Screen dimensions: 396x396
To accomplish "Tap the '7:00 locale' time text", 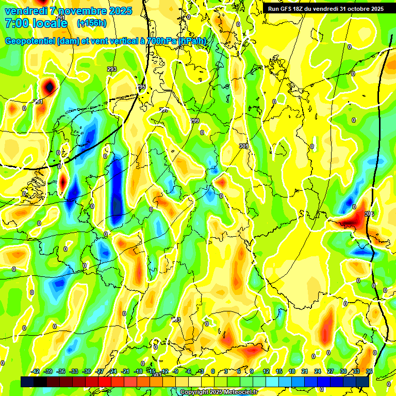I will click(x=36, y=23).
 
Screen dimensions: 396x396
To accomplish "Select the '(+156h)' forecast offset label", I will click(x=92, y=23).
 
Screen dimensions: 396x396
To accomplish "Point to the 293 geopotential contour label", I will click(x=112, y=69).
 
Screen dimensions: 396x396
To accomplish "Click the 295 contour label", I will click(x=141, y=87).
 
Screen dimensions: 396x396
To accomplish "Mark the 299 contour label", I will click(x=194, y=121).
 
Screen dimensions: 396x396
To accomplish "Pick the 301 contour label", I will click(x=243, y=146).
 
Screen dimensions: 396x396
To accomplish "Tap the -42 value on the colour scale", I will click(x=36, y=371).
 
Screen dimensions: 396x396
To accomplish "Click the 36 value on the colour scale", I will click(x=369, y=371).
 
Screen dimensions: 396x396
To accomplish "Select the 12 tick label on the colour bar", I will click(x=266, y=371).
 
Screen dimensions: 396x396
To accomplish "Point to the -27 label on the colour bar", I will click(x=100, y=371).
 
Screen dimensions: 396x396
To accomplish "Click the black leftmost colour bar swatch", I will click(x=27, y=382).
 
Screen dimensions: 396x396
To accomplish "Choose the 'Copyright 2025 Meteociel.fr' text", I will click(x=218, y=392).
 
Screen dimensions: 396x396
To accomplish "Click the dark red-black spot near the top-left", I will click(x=49, y=86).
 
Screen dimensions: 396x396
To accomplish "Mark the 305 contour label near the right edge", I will click(x=369, y=213).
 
